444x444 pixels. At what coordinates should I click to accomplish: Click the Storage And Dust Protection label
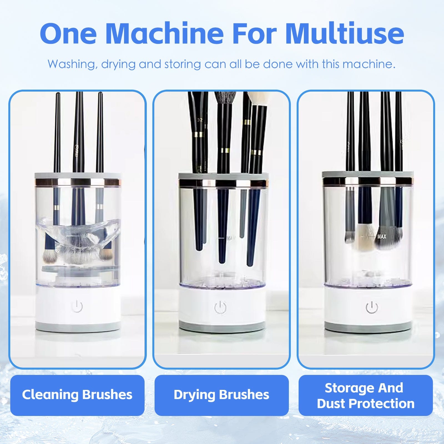365,395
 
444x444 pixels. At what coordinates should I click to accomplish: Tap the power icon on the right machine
372,308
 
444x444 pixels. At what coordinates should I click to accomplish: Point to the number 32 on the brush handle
200,120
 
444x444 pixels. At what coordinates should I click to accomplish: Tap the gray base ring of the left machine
78,327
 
